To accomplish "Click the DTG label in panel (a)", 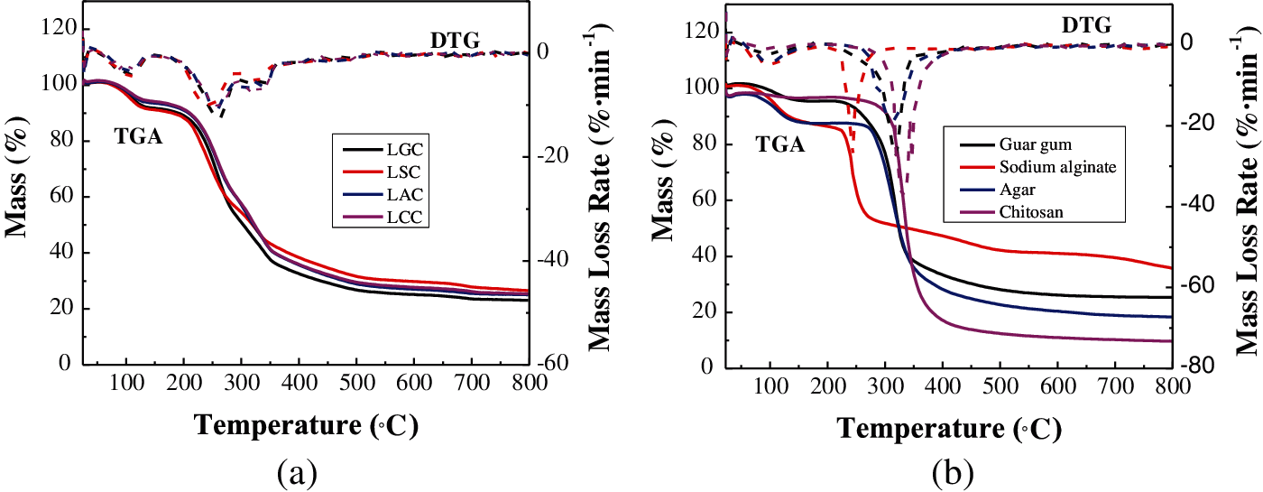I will click(x=455, y=40).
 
